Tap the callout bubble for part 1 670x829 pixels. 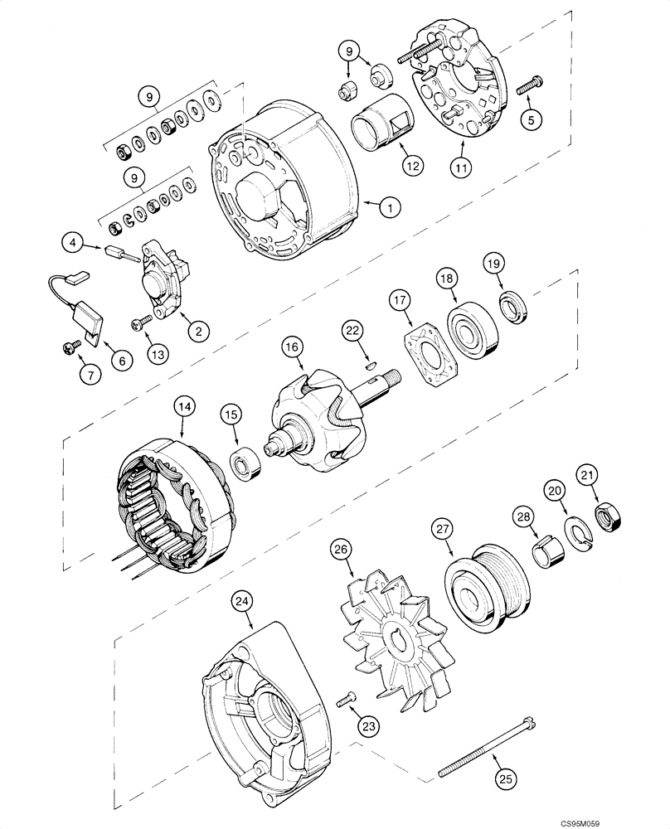(387, 208)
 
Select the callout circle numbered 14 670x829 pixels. (183, 406)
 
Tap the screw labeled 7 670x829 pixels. (70, 349)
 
